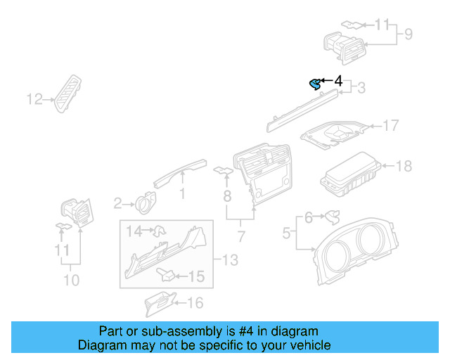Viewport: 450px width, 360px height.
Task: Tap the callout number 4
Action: (x=338, y=82)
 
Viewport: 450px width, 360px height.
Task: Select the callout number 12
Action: (x=34, y=100)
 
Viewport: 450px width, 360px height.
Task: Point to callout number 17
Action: (x=390, y=126)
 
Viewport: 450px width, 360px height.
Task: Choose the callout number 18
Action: (x=404, y=166)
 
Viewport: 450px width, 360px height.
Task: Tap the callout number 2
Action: (x=118, y=204)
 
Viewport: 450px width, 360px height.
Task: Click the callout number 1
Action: (x=182, y=193)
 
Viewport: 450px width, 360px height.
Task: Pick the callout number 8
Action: (x=227, y=193)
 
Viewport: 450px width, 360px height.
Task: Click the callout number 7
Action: (x=240, y=234)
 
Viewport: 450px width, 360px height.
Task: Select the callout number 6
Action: (x=308, y=218)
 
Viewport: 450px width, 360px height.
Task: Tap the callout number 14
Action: (x=134, y=230)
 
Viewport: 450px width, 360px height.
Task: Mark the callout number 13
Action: (x=230, y=261)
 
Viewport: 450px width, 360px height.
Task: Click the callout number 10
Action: (x=71, y=281)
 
